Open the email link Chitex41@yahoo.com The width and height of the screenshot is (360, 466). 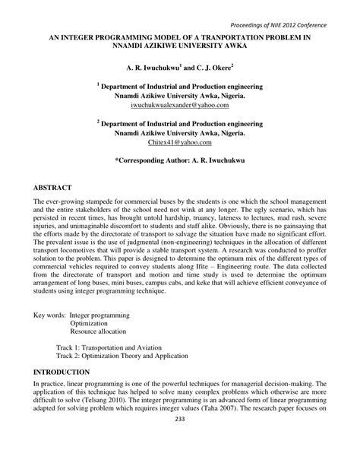(180, 142)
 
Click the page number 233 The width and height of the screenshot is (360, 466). (180, 440)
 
